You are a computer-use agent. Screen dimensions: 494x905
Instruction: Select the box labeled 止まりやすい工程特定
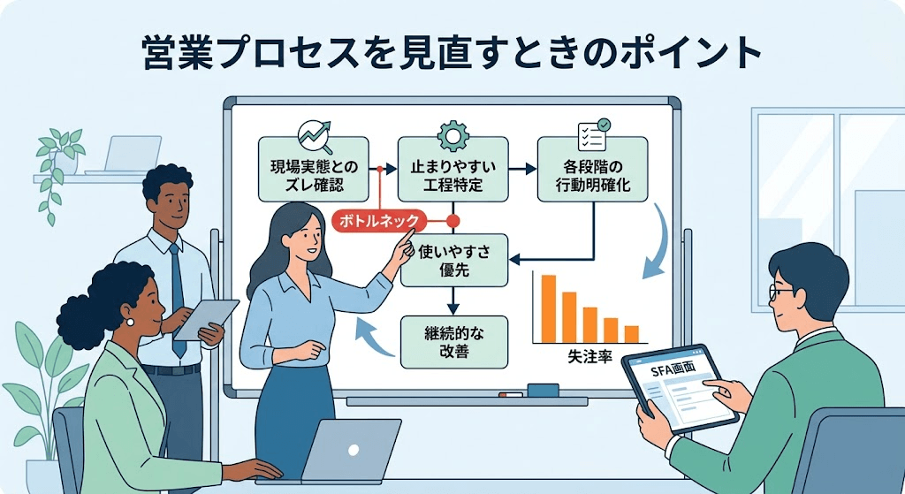452,169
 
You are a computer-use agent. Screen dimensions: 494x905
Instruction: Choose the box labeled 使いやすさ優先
454,262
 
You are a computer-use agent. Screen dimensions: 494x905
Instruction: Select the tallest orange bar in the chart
548,308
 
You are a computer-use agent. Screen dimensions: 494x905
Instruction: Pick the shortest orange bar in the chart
631,334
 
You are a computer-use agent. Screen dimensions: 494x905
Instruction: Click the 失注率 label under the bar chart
589,359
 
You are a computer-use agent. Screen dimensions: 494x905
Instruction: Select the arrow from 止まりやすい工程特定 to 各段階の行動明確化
524,168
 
